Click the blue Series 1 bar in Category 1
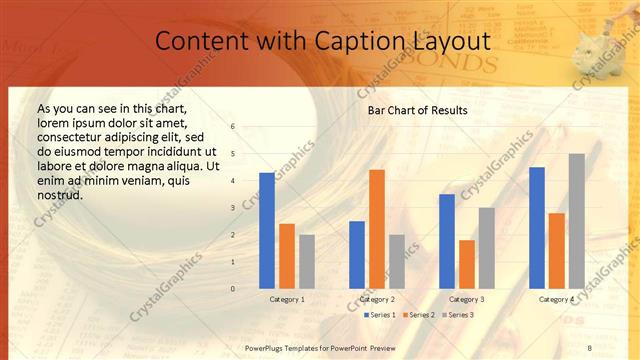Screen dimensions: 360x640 (x=267, y=231)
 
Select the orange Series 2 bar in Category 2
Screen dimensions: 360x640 (x=377, y=229)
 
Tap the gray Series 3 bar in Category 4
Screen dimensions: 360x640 (x=577, y=221)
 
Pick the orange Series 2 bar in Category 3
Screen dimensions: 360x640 (x=467, y=264)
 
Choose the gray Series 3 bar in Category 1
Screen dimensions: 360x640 (x=307, y=262)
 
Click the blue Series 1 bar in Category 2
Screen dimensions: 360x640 (x=357, y=255)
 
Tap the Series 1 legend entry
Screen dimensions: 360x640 (x=381, y=315)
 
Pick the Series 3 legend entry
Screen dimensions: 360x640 (x=459, y=315)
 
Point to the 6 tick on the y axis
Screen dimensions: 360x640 (x=233, y=127)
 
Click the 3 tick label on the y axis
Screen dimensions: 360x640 (x=233, y=208)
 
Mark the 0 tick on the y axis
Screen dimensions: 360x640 (x=233, y=289)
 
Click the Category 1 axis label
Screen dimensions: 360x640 (x=287, y=299)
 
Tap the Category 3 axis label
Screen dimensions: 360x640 (x=467, y=299)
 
